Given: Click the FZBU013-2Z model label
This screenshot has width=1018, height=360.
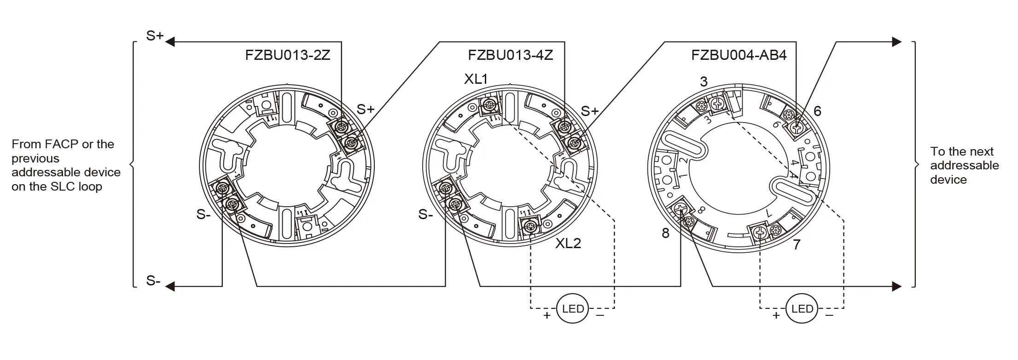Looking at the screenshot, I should [x=287, y=55].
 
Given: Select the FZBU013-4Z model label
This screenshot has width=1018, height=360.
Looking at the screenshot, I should [x=510, y=55].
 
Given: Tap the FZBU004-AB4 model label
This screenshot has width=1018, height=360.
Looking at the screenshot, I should [x=739, y=55].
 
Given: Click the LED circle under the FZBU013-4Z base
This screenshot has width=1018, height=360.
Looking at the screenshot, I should [x=573, y=309].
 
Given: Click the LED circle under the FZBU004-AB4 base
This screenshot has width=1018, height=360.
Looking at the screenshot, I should [x=802, y=309].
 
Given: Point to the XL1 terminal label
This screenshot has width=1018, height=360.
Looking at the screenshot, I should [x=476, y=79].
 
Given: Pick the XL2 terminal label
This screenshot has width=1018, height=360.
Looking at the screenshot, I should [x=568, y=244].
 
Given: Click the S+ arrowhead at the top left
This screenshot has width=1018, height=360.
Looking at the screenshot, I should [x=170, y=42].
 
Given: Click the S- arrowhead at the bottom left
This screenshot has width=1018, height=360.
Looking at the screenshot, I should [x=170, y=287].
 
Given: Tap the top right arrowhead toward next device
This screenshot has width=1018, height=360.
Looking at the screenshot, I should [x=896, y=42].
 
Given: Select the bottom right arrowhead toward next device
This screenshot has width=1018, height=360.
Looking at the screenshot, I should [x=896, y=287].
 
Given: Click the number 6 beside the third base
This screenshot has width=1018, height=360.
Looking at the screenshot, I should [x=817, y=111].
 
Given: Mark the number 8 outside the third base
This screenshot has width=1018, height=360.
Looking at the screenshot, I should [x=665, y=233].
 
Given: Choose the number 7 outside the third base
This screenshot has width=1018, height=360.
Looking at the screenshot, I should [x=797, y=244].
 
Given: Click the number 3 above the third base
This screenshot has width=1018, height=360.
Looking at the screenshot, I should [x=704, y=82].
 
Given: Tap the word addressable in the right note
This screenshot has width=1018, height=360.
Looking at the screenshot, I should [x=965, y=165].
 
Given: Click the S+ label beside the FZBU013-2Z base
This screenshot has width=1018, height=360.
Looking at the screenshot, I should [x=366, y=110].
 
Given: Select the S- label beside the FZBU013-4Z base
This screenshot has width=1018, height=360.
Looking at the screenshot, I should [x=425, y=215].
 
